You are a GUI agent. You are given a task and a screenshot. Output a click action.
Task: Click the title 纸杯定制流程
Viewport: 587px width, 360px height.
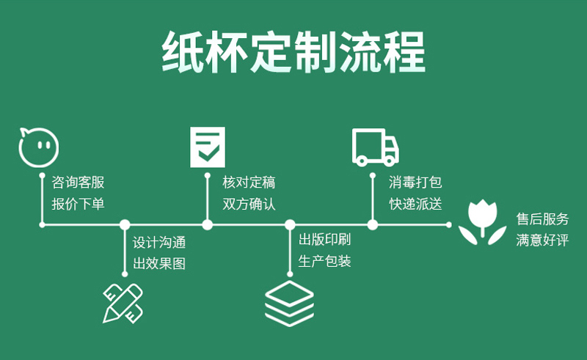[x=293, y=53]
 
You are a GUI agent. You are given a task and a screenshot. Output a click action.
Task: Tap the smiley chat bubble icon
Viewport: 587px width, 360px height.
[x=37, y=147]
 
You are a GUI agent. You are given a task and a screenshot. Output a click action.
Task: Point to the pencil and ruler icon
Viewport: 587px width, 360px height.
[x=123, y=301]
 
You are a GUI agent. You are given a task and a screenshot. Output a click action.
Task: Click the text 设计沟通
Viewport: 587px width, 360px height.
[x=159, y=243]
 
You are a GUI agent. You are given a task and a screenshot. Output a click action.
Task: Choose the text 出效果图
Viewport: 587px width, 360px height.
[x=159, y=263]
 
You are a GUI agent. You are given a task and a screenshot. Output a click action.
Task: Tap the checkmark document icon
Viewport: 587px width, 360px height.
[x=208, y=146]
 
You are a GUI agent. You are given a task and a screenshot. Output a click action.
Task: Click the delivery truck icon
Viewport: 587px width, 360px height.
[x=376, y=147]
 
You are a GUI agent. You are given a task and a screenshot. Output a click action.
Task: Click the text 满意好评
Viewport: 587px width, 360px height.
[x=542, y=240]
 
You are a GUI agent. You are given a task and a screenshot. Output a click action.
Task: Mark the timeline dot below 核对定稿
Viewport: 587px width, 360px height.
[x=208, y=224]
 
